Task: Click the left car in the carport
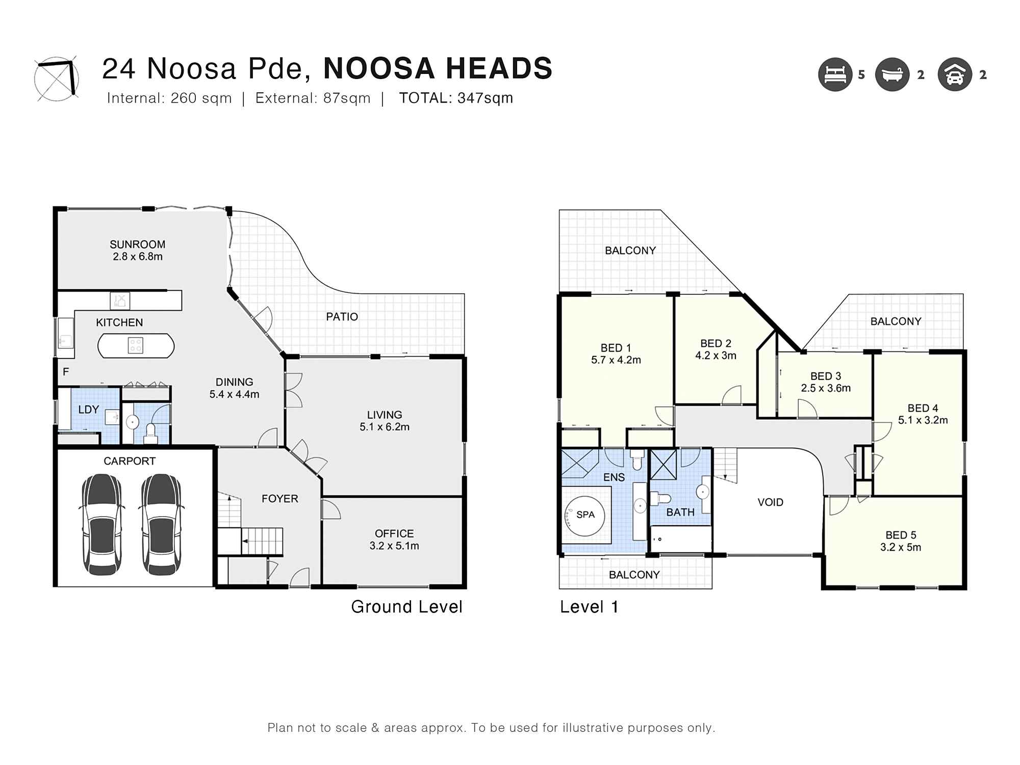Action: (x=102, y=524)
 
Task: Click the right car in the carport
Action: (x=161, y=524)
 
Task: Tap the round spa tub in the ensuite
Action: (x=586, y=515)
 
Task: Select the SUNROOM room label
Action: (x=138, y=244)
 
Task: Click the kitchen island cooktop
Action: (x=136, y=345)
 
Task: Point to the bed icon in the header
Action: (x=835, y=74)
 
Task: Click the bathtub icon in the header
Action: (x=892, y=74)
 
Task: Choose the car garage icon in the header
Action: (x=955, y=74)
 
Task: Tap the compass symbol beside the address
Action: (x=57, y=79)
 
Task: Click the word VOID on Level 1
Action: (x=770, y=502)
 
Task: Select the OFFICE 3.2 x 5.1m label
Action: (x=394, y=540)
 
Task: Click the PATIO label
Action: (x=342, y=317)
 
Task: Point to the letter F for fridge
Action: (x=66, y=372)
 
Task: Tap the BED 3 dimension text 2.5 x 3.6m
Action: (x=826, y=388)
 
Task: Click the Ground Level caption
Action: (x=406, y=607)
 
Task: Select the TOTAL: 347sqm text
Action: (x=456, y=98)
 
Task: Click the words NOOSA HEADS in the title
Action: (x=438, y=68)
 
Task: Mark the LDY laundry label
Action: (x=88, y=410)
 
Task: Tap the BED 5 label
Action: (x=901, y=535)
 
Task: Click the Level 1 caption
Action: (x=589, y=607)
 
